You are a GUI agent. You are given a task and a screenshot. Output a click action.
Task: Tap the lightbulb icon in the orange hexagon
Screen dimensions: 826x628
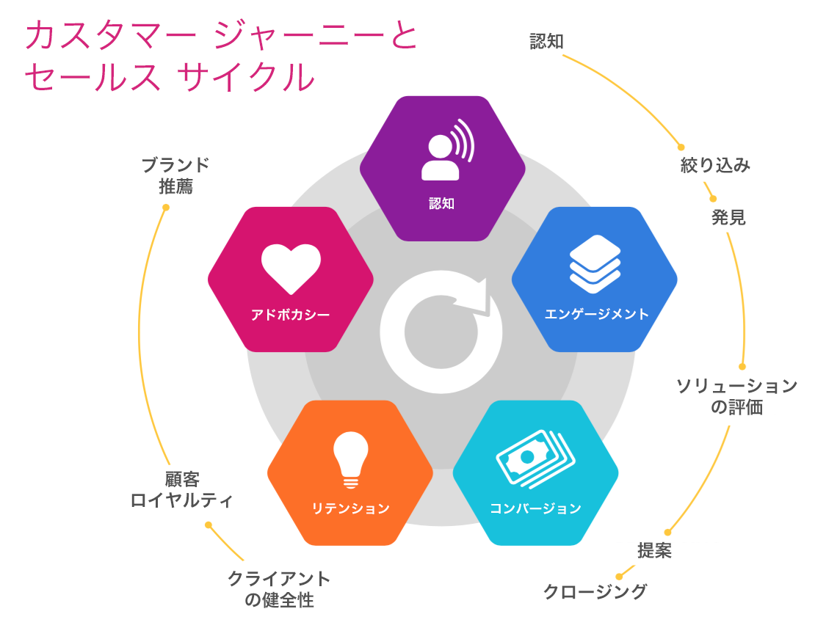(350, 460)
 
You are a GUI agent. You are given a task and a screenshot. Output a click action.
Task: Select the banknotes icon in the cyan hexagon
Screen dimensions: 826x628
(535, 458)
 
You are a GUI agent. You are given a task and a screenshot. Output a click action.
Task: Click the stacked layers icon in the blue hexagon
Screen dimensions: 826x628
(595, 264)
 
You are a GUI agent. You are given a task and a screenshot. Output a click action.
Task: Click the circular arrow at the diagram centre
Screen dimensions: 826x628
(441, 332)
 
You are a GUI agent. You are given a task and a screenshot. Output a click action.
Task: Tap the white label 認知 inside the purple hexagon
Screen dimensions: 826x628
(441, 204)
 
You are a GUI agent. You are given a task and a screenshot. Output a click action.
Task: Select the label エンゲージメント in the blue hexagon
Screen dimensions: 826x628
(596, 314)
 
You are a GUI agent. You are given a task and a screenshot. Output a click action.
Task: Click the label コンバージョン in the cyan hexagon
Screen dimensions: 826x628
(535, 508)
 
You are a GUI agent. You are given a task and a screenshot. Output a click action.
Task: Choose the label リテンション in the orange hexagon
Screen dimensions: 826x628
(350, 508)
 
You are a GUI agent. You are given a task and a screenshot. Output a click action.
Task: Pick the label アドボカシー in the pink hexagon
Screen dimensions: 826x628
(290, 314)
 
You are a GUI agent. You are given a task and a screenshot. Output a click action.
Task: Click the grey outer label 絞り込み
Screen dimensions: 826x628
(715, 165)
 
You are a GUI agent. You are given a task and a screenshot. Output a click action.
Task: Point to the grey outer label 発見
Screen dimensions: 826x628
(728, 217)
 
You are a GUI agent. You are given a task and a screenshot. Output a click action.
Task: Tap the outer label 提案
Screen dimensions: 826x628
(654, 551)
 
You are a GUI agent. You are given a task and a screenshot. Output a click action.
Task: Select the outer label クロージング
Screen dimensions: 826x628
(595, 591)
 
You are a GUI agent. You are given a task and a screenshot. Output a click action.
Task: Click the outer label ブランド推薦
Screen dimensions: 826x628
(175, 175)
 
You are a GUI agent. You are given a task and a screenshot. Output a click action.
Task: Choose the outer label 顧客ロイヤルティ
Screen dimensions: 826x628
(181, 489)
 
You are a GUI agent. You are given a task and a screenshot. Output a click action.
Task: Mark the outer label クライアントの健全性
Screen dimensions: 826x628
(279, 589)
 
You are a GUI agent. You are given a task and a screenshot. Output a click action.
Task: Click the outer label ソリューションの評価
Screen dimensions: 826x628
(737, 396)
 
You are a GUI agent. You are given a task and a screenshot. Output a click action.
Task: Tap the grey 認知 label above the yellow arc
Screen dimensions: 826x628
(546, 42)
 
